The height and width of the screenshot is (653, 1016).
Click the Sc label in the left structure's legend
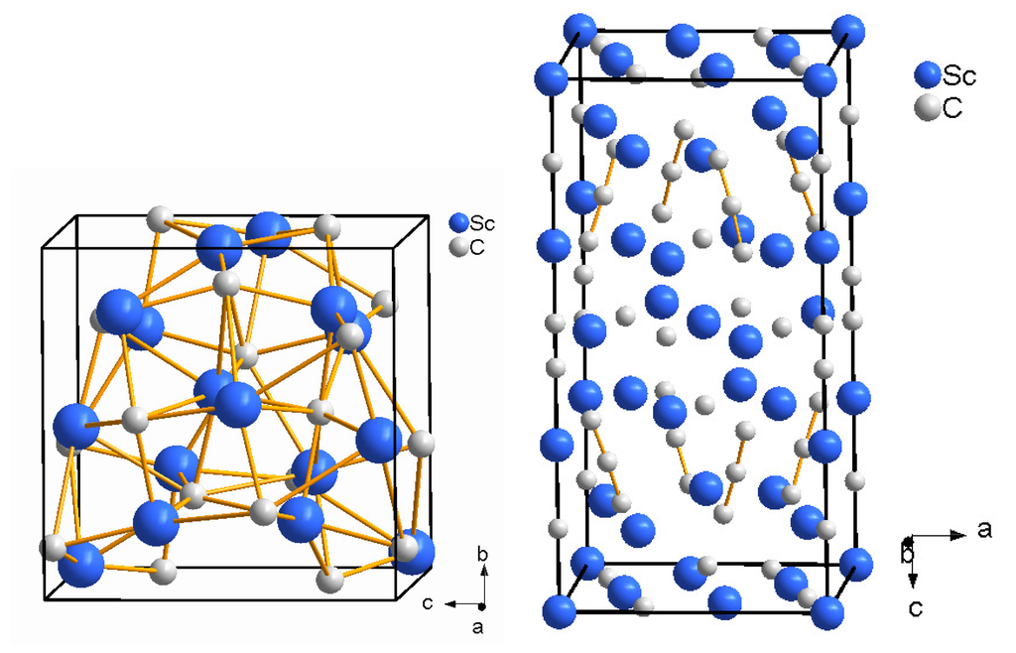pos(481,223)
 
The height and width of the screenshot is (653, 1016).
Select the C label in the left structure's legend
pos(477,246)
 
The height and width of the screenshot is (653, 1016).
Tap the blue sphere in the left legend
pos(458,223)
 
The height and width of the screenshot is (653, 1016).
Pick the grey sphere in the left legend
pos(457,246)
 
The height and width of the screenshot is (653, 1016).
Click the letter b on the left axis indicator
pos(481,555)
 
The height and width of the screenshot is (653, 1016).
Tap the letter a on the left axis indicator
pos(477,627)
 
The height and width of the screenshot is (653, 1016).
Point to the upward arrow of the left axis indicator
pos(481,580)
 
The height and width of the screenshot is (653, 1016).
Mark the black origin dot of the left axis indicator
pos(481,604)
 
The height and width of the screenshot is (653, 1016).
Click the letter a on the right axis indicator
pos(984,529)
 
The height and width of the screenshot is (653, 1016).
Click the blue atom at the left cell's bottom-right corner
pos(414,552)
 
